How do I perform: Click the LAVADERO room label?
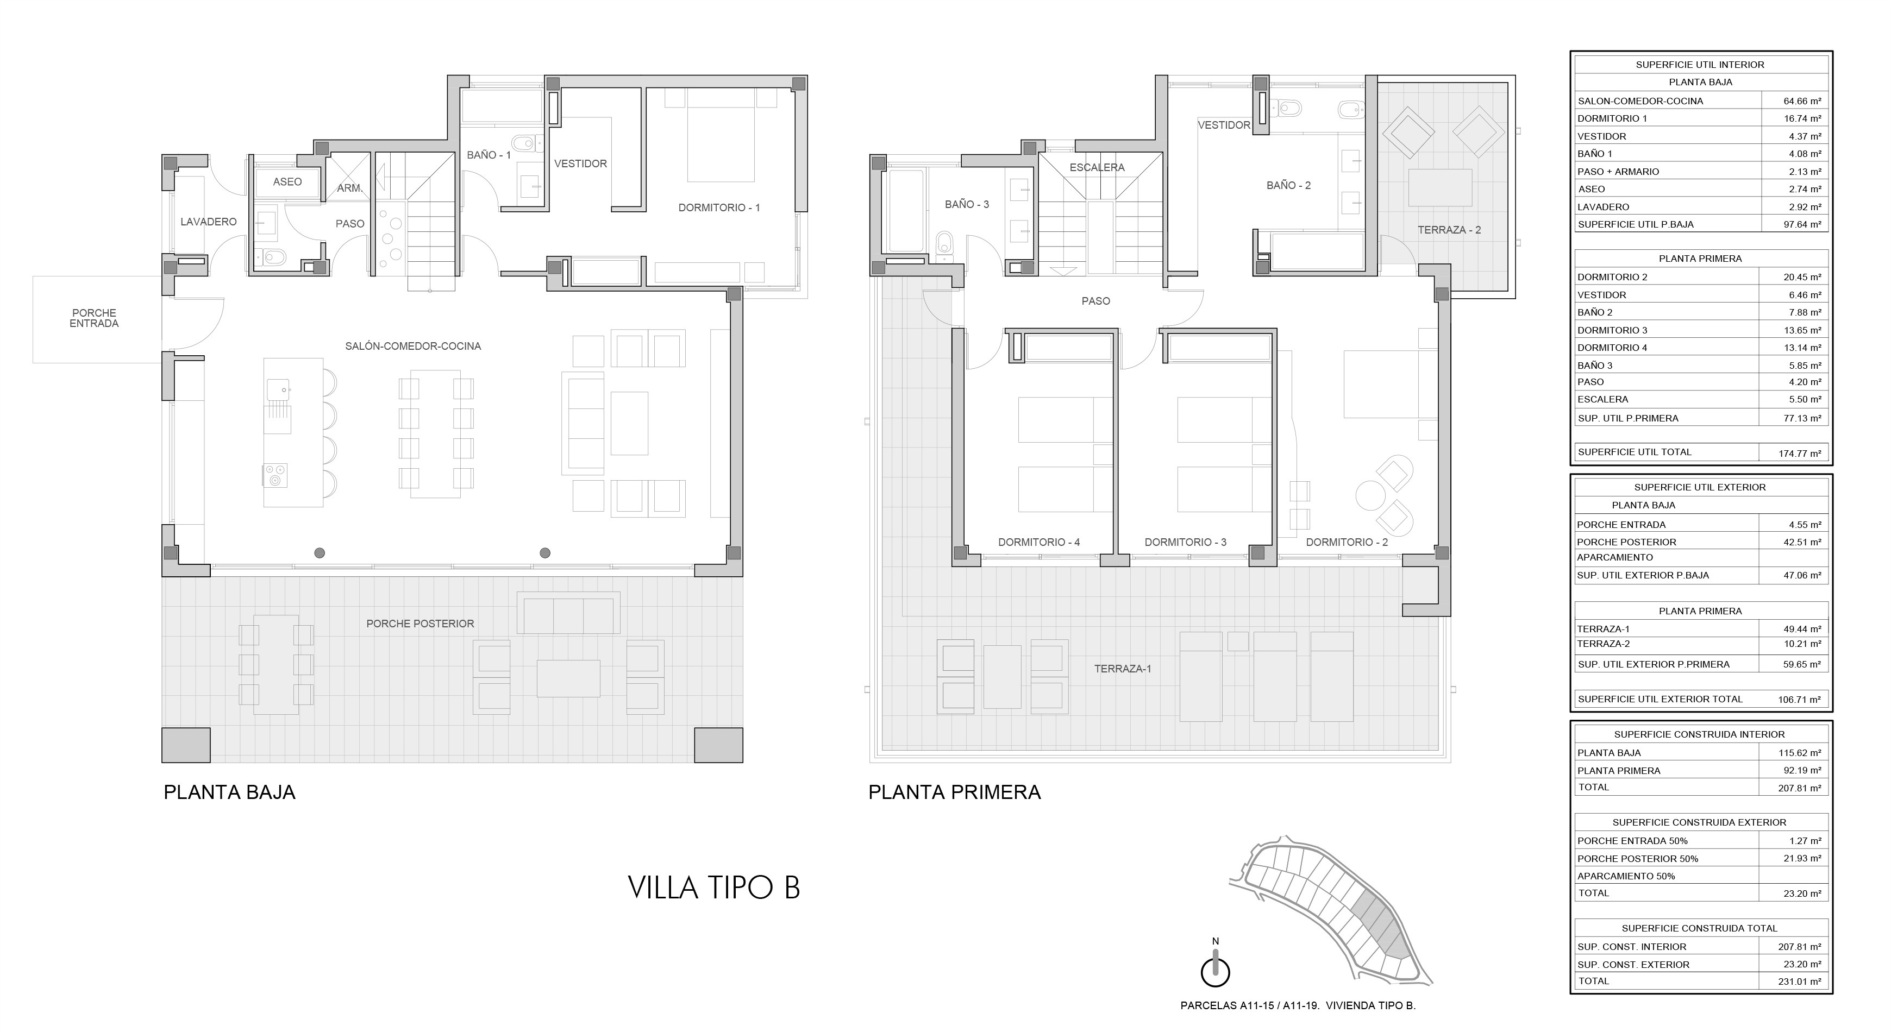209,222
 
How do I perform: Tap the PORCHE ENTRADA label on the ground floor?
94,318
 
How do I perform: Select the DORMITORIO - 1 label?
719,207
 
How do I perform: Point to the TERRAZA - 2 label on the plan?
1449,230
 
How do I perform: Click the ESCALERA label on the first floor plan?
1097,167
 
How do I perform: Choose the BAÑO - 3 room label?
967,204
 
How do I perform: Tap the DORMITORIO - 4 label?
1039,543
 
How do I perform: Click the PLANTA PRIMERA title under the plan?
954,792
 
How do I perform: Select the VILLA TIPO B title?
713,888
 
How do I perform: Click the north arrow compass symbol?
1215,967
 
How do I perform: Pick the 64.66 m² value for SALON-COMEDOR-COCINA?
1802,101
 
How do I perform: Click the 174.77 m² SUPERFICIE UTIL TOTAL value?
1799,454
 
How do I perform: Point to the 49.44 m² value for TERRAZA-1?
1802,629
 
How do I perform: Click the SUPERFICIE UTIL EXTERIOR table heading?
1700,487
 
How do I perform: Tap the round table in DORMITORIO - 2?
1370,495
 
